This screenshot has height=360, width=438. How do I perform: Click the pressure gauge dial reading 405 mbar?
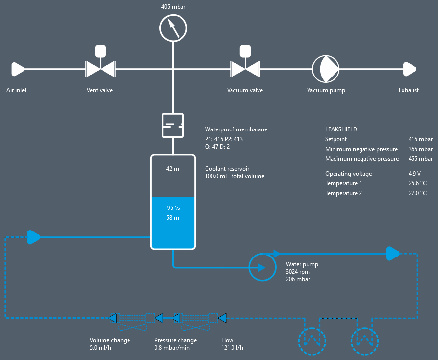(x=173, y=27)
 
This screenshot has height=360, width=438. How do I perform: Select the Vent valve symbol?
(x=100, y=69)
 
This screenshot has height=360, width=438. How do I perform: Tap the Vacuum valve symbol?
(x=245, y=69)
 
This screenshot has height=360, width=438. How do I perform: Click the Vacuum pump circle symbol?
(x=326, y=69)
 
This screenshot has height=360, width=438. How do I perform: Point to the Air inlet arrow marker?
(x=18, y=69)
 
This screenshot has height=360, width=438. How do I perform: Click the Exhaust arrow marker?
(x=410, y=69)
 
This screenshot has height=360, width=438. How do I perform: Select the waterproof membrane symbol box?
(x=173, y=125)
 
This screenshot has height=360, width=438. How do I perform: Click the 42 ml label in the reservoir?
(x=173, y=169)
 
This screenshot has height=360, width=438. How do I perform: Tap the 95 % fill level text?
(x=173, y=208)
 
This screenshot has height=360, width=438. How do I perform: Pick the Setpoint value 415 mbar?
(x=420, y=139)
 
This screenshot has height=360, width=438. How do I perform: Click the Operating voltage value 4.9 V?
(x=414, y=174)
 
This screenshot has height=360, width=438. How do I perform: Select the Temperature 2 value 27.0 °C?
(x=417, y=193)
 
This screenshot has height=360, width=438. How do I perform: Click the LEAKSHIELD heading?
(x=341, y=129)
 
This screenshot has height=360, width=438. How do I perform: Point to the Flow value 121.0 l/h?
(x=232, y=348)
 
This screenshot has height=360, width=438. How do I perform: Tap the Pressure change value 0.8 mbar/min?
(x=172, y=348)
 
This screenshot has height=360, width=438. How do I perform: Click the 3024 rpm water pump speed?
(x=298, y=272)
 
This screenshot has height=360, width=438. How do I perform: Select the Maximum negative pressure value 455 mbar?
(x=420, y=159)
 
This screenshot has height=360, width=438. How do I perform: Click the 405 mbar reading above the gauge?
(x=173, y=7)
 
